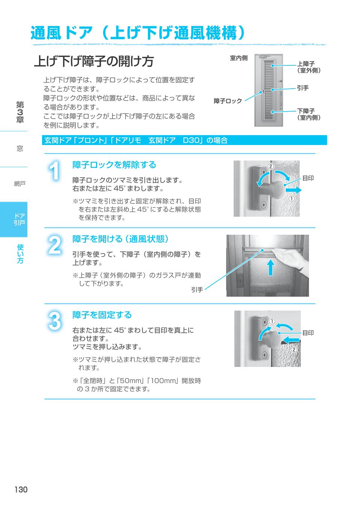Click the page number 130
point(21,489)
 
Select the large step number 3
point(55,321)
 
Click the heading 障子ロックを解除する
point(114,165)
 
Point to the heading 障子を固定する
point(102,315)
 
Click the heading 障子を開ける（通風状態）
point(120,239)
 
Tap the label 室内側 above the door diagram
point(238,58)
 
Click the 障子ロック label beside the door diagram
point(228,101)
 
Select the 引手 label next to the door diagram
point(303,88)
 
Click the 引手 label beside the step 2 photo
point(197,290)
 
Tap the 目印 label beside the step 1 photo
point(308,178)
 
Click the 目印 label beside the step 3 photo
point(308,333)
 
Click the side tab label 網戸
point(19,184)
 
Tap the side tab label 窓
point(19,149)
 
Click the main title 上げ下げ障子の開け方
point(94,61)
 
